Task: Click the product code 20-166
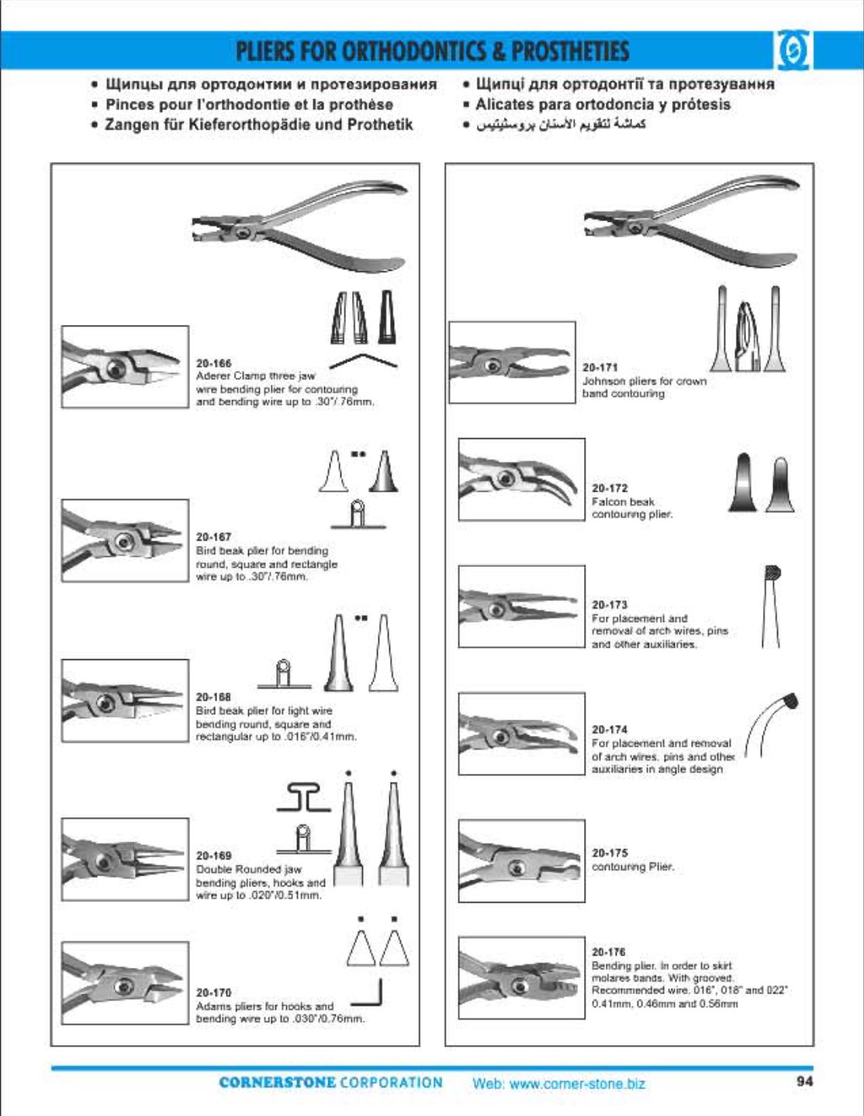[x=213, y=363]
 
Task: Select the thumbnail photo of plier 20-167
[x=125, y=541]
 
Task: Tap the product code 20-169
[x=213, y=855]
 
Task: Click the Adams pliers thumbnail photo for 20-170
[x=125, y=983]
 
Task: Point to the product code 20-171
[x=600, y=368]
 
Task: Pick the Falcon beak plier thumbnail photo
[x=521, y=479]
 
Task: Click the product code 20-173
[x=609, y=604]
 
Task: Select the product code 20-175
[x=609, y=852]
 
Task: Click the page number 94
[x=804, y=1081]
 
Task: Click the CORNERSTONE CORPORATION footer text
[x=330, y=1083]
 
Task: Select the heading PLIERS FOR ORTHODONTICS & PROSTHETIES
[x=432, y=51]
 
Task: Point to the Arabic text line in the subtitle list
[x=560, y=124]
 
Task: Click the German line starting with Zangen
[x=259, y=124]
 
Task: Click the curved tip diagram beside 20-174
[x=772, y=724]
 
